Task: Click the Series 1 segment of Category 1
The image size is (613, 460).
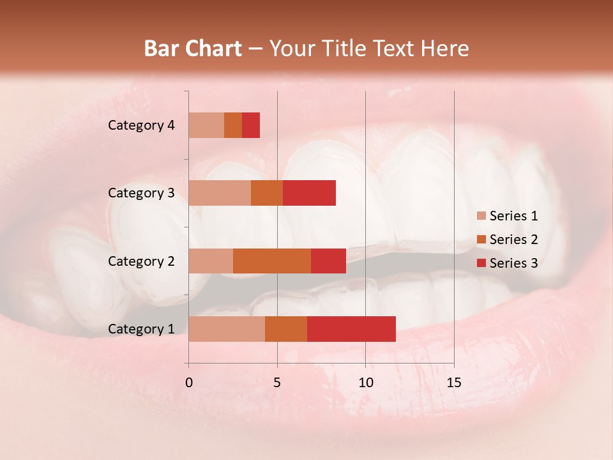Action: (x=227, y=329)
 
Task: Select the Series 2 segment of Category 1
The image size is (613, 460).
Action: (x=286, y=329)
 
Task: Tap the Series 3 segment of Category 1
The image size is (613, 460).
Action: (x=351, y=329)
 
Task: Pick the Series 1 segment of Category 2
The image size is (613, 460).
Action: (x=211, y=261)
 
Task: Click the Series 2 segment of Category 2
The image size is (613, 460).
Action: (x=272, y=261)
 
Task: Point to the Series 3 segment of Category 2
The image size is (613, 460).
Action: (x=328, y=261)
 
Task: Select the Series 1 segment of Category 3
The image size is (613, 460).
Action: (x=220, y=193)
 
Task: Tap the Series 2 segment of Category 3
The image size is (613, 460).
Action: (x=267, y=193)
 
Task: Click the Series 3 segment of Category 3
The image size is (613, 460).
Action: (x=309, y=193)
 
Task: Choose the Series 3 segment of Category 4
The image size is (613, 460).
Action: (x=251, y=125)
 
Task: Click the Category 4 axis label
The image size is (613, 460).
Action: (x=141, y=125)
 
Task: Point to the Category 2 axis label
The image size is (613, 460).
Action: (x=141, y=261)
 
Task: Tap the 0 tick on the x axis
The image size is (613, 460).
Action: (x=189, y=383)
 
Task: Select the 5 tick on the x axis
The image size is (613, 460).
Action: (x=277, y=383)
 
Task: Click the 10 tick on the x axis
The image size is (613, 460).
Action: (x=365, y=383)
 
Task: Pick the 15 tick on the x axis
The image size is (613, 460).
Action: (x=454, y=383)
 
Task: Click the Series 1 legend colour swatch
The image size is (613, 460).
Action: (x=481, y=216)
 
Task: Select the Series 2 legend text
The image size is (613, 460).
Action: (x=513, y=240)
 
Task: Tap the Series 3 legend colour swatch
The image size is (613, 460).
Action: (x=481, y=263)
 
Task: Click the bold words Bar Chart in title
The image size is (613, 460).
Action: (x=193, y=49)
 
